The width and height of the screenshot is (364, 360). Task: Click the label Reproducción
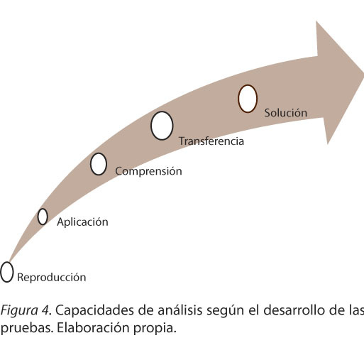[52, 277]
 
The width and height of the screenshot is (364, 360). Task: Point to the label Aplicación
[82, 222]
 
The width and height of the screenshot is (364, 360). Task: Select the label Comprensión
[148, 171]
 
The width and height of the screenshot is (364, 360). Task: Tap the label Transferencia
[211, 141]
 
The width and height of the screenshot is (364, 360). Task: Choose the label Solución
[286, 113]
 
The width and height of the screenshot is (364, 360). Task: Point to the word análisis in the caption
[180, 310]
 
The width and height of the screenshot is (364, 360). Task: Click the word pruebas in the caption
[26, 328]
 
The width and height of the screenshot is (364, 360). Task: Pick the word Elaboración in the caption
[93, 328]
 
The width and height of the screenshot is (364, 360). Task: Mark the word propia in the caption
[155, 329]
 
